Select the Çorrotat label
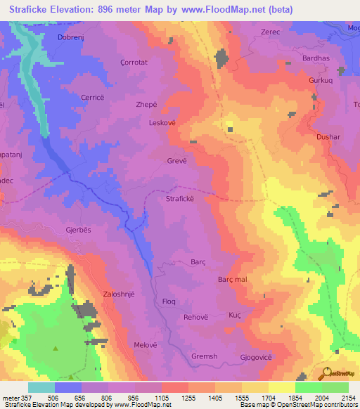[x=134, y=62]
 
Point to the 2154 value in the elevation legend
[x=347, y=396]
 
